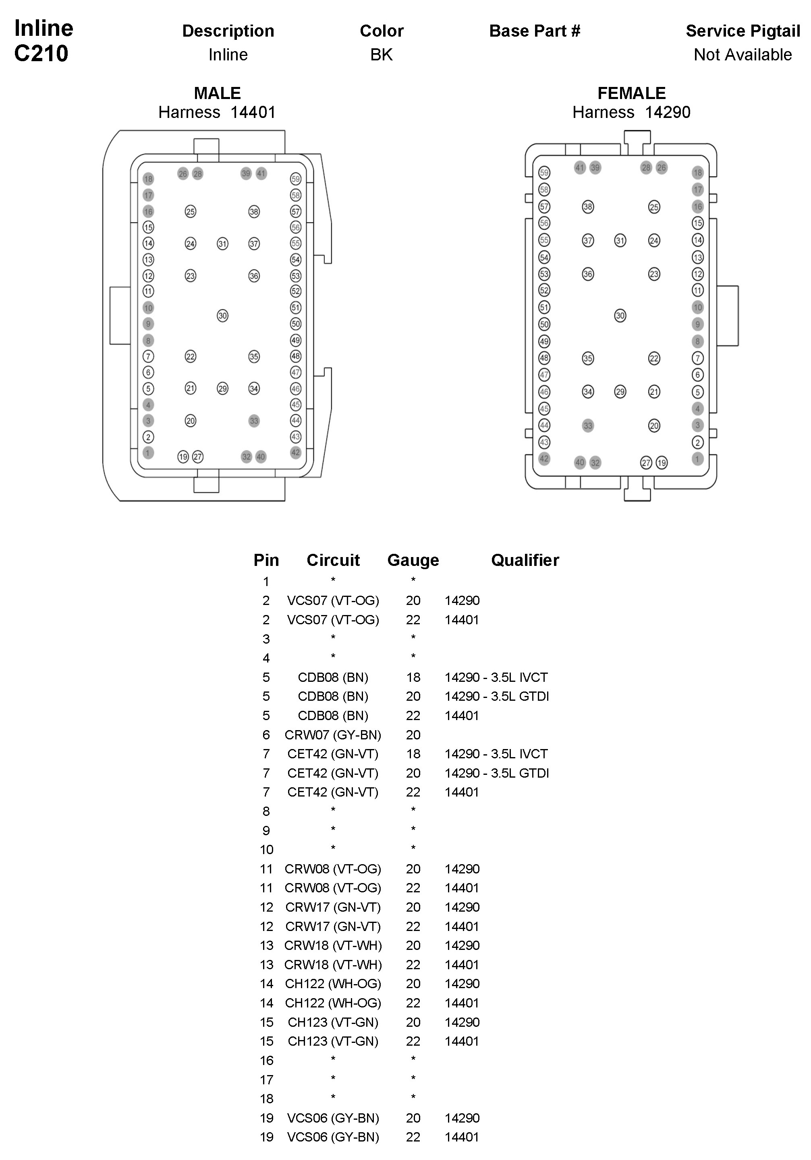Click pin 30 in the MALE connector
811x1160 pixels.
(x=222, y=316)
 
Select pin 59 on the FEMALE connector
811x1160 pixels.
(x=544, y=173)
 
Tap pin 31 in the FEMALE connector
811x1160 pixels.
(x=620, y=240)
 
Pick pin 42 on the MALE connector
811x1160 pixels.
(x=296, y=453)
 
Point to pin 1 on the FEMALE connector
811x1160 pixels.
(x=698, y=459)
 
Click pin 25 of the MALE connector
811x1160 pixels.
(x=190, y=212)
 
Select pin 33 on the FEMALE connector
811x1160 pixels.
(x=587, y=425)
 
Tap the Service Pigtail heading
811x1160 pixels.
(x=743, y=31)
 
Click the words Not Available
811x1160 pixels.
(x=743, y=55)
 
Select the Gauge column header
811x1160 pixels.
(x=413, y=560)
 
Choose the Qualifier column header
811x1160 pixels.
(x=525, y=560)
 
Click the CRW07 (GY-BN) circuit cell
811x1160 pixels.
(x=333, y=735)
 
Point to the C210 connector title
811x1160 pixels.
(x=41, y=54)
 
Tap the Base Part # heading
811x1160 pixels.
(x=535, y=31)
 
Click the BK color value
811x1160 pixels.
(x=381, y=55)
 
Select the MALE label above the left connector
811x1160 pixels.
(x=218, y=93)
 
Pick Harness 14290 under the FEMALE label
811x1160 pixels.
(x=631, y=112)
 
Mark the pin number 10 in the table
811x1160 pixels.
(x=266, y=850)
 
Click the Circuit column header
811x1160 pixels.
(x=333, y=560)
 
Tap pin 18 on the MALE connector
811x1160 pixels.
(x=148, y=179)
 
